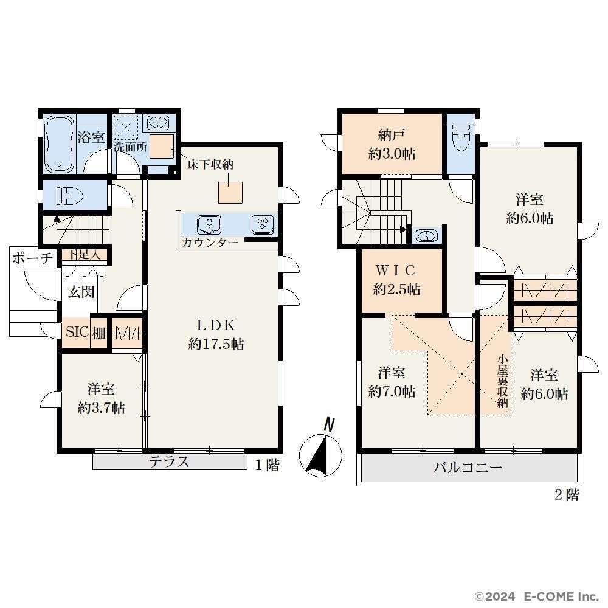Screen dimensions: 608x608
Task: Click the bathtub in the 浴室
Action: (60, 144)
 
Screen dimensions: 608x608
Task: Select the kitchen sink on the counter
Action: (209, 224)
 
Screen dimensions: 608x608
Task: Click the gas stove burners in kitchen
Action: (263, 224)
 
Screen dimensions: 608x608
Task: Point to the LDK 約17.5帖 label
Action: (216, 334)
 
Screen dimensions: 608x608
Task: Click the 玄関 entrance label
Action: (81, 292)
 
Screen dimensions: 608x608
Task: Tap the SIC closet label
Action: (77, 332)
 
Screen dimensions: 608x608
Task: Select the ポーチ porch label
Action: (33, 258)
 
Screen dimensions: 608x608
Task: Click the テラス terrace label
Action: (170, 461)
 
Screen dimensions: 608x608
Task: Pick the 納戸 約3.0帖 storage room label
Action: (392, 145)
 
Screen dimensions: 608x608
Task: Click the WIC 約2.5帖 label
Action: (396, 280)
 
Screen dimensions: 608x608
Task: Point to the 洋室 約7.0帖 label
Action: (392, 382)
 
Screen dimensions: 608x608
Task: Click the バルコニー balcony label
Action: (468, 467)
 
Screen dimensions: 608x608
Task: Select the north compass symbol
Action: (320, 450)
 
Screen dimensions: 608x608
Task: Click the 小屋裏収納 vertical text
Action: (503, 381)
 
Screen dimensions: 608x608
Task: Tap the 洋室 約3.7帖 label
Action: (101, 398)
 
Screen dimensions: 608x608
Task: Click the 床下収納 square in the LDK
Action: (230, 192)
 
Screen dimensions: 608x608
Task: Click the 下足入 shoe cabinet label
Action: (84, 255)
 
